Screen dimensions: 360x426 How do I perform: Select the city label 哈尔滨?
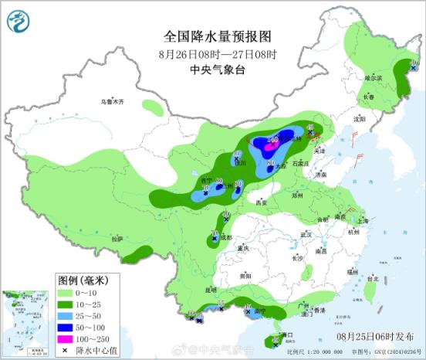[x=373, y=78]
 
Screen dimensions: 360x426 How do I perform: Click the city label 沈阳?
[x=359, y=119]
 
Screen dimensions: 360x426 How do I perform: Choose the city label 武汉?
[x=306, y=233]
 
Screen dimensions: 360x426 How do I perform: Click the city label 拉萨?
[x=117, y=239]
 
